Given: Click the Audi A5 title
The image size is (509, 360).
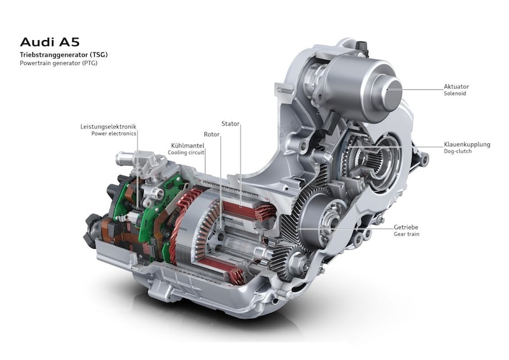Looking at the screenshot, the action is click(x=50, y=42).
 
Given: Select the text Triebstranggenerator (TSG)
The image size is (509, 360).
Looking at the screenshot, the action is click(x=64, y=55).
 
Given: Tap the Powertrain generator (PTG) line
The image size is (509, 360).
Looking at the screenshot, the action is click(x=59, y=63).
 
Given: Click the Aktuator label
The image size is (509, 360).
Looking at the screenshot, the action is click(x=456, y=87).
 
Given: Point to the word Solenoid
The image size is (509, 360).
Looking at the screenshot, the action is click(x=455, y=93).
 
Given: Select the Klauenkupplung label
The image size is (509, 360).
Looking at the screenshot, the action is click(x=467, y=144).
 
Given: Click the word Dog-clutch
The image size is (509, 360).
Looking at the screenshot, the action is click(x=457, y=151).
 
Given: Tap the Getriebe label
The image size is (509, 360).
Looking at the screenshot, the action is click(x=406, y=227).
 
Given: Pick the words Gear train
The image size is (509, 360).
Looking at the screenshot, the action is click(x=407, y=234).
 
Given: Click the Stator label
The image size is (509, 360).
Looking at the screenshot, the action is click(x=230, y=123).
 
